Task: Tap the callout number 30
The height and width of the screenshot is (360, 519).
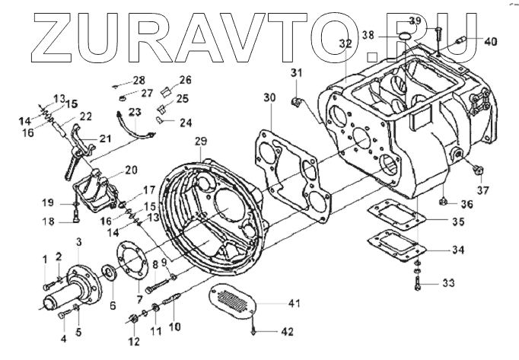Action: click(269, 97)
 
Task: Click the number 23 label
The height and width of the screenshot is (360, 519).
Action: click(133, 112)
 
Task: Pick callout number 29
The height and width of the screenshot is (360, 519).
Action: click(201, 142)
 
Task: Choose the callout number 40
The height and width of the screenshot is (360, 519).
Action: click(490, 41)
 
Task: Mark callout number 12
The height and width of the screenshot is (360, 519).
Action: click(134, 339)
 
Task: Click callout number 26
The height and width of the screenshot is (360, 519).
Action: click(186, 80)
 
